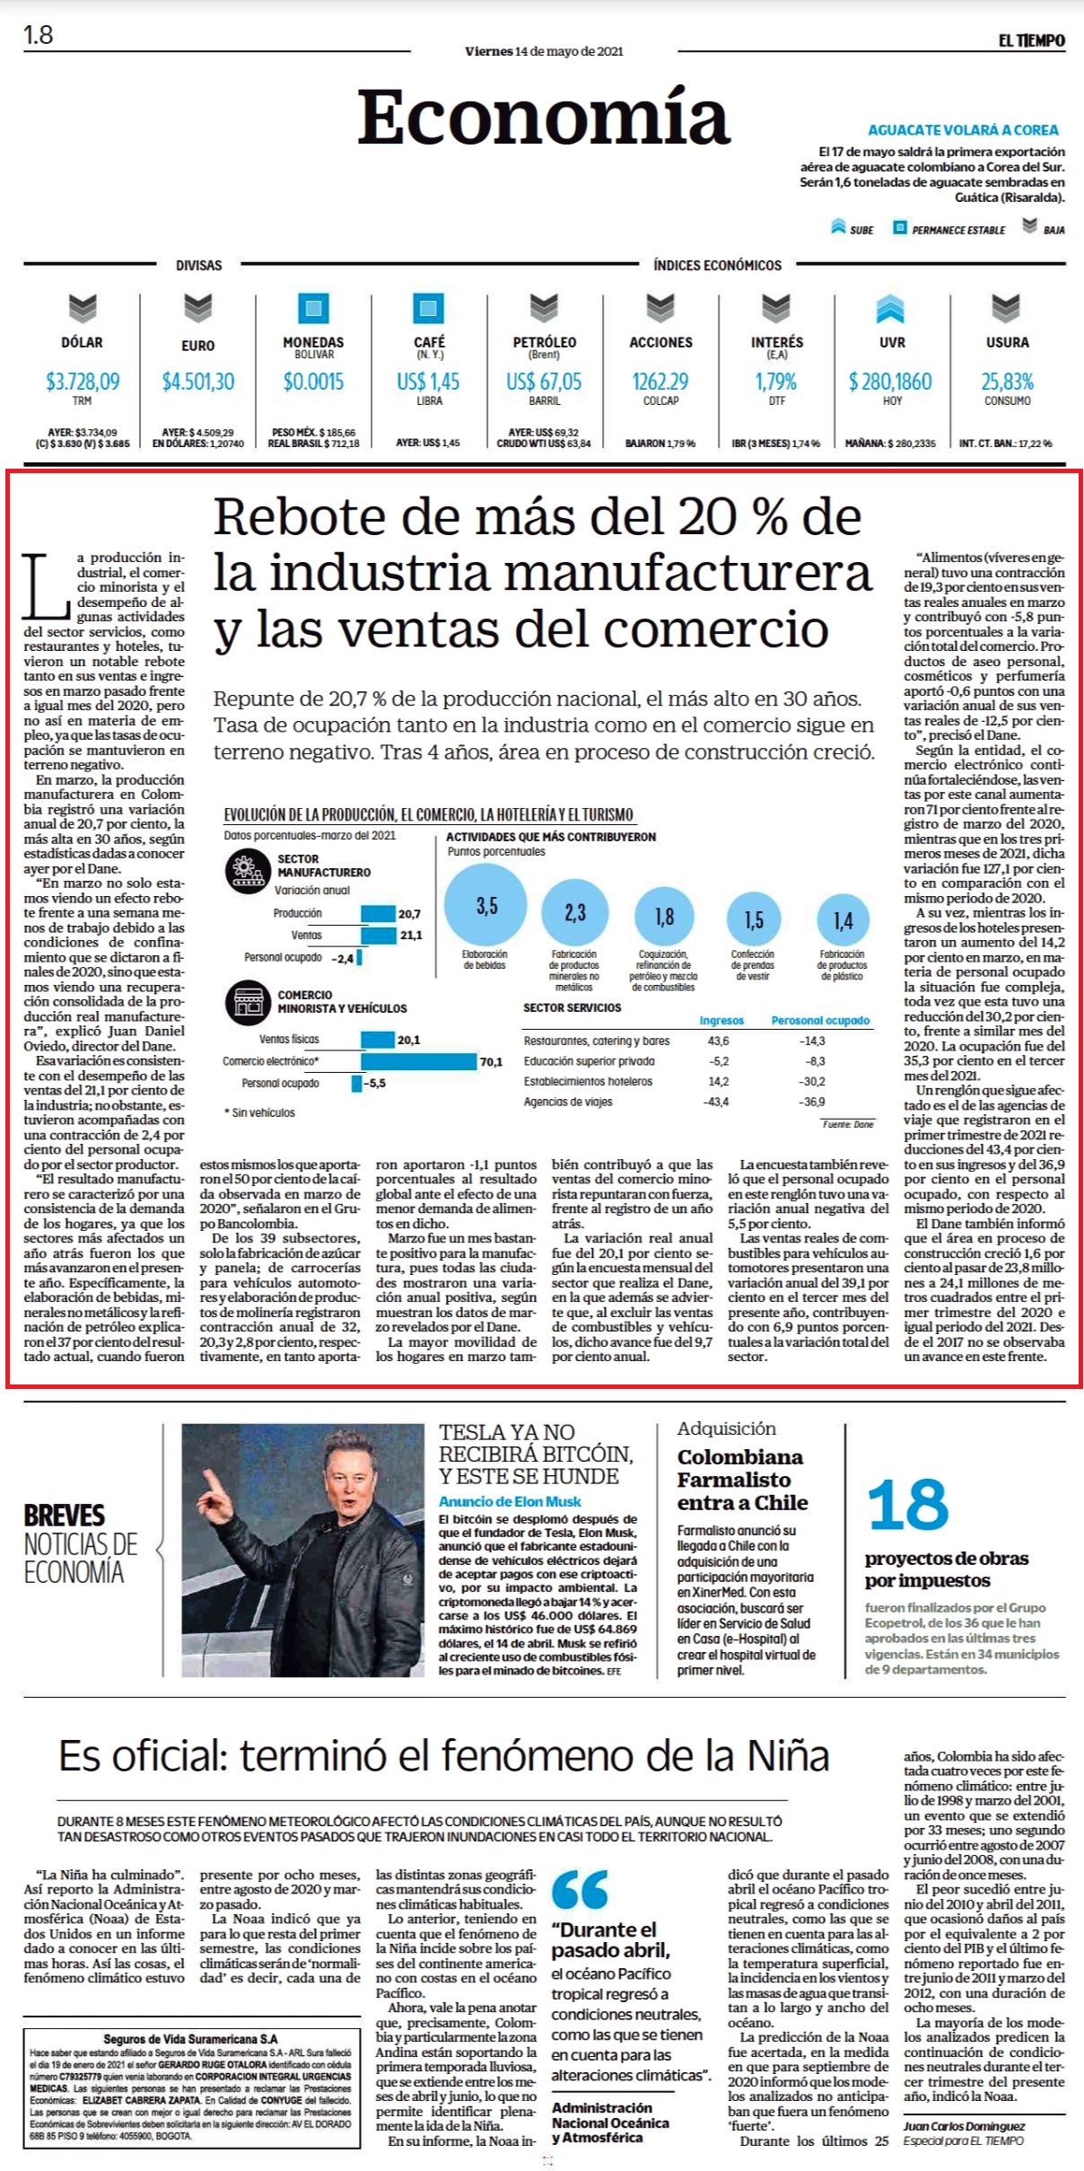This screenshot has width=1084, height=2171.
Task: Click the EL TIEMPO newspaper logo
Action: pyautogui.click(x=1031, y=40)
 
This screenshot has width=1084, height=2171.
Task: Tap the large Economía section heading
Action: pyautogui.click(x=544, y=117)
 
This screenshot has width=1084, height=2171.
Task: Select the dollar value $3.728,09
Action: pyautogui.click(x=83, y=382)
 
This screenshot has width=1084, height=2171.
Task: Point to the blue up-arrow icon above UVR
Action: pyautogui.click(x=891, y=308)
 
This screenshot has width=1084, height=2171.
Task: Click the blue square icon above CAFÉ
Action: pyautogui.click(x=429, y=308)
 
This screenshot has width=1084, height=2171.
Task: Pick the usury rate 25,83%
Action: pyautogui.click(x=1007, y=382)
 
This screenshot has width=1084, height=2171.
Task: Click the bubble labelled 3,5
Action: pyautogui.click(x=485, y=906)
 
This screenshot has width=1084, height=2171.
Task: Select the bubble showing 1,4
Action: pyautogui.click(x=843, y=920)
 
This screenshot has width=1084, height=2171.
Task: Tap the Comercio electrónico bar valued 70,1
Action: pyautogui.click(x=418, y=1061)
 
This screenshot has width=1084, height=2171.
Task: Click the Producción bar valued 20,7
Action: pyautogui.click(x=378, y=914)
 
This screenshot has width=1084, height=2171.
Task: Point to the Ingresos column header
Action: pyautogui.click(x=721, y=1020)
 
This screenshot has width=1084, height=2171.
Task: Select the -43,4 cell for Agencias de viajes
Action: pyautogui.click(x=717, y=1102)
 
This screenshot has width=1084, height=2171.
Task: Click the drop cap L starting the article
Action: pyautogui.click(x=45, y=586)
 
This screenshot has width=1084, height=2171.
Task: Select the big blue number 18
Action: pyautogui.click(x=908, y=1506)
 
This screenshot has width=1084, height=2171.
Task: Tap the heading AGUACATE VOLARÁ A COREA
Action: pyautogui.click(x=963, y=130)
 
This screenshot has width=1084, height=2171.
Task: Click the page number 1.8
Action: pyautogui.click(x=39, y=35)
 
